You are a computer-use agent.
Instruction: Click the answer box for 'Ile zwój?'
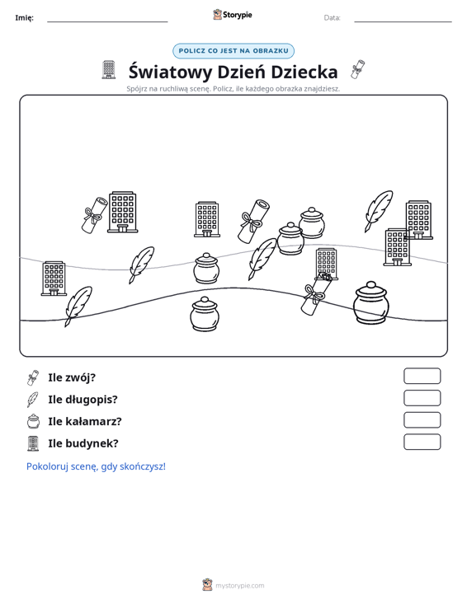point(422,376)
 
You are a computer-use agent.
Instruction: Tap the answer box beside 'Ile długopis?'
point(422,398)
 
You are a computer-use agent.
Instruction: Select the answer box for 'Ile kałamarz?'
point(422,420)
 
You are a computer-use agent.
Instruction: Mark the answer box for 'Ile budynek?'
point(422,442)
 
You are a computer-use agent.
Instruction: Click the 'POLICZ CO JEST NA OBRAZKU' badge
point(233,51)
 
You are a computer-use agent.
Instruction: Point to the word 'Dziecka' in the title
point(304,72)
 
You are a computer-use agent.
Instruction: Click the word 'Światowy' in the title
point(171,72)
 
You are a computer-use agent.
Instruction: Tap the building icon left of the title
point(109,70)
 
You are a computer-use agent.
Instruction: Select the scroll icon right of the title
point(358,69)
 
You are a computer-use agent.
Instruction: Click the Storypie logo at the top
point(233,15)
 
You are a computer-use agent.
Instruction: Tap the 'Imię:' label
point(24,18)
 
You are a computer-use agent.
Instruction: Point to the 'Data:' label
point(332,18)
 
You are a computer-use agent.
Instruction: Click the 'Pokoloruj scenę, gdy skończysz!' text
point(96,466)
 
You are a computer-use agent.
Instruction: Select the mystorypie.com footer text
point(239,586)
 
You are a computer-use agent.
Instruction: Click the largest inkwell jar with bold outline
point(370,302)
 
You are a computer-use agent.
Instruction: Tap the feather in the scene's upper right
point(379,211)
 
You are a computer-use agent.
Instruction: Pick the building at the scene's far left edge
point(54,279)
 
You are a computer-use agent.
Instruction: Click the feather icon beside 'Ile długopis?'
point(33,400)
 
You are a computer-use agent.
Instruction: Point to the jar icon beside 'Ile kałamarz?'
point(34,421)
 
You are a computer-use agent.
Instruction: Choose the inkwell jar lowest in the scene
point(205,314)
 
